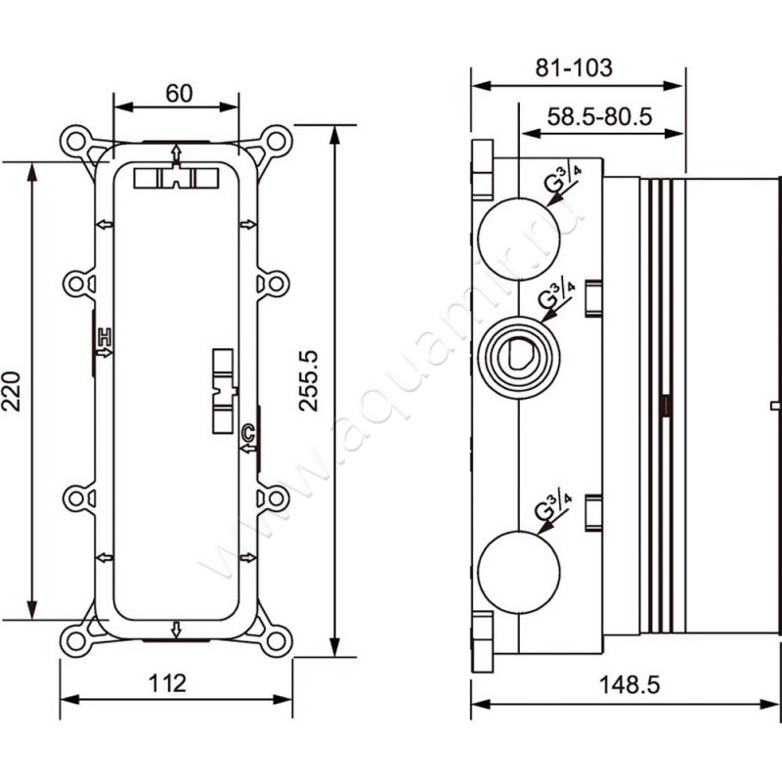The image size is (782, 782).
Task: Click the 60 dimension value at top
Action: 177,94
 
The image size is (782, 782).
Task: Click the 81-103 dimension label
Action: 575,67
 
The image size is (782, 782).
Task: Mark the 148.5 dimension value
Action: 626,683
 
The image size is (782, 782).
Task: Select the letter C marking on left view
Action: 247,432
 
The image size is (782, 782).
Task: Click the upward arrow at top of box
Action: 176,152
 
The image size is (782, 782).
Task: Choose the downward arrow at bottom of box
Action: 176,629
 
